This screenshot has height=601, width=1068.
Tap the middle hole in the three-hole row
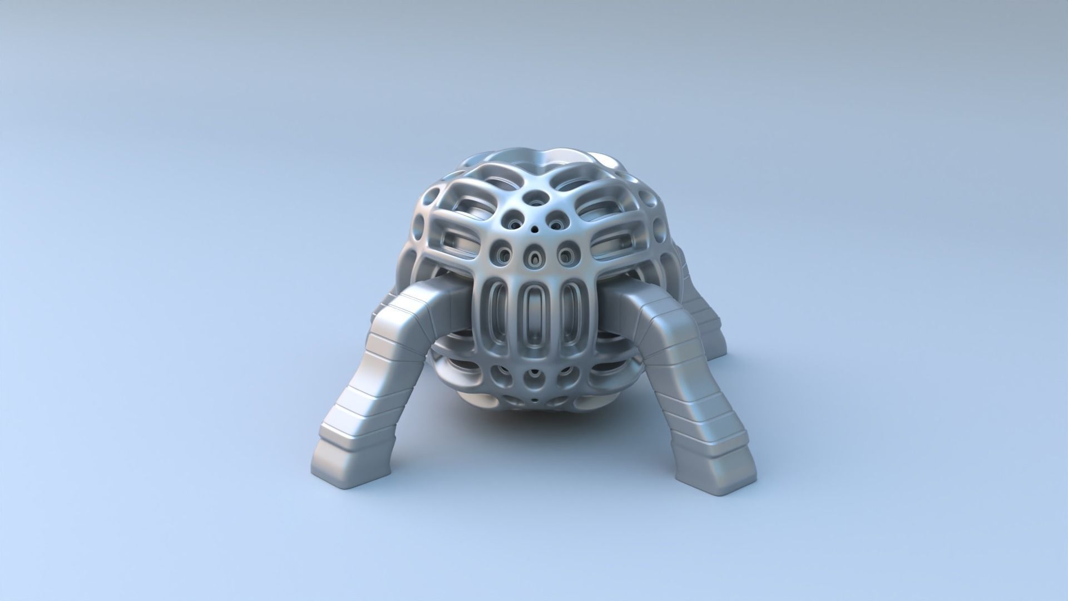pyautogui.click(x=535, y=257)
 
